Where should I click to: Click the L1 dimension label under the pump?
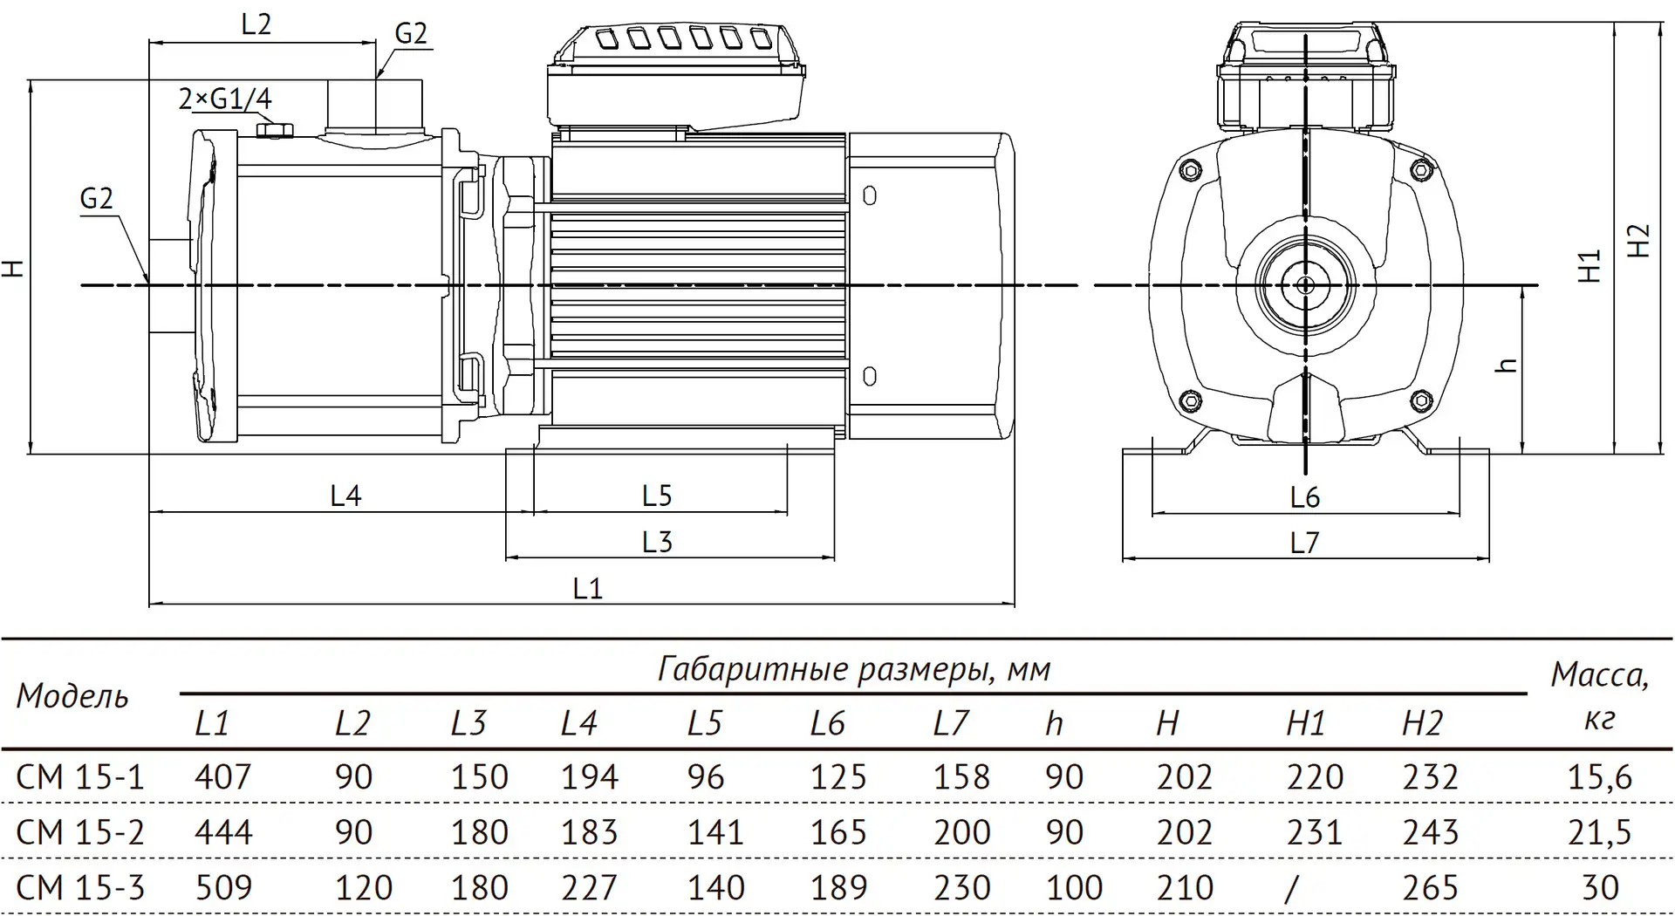(x=587, y=589)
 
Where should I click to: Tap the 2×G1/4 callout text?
(x=225, y=99)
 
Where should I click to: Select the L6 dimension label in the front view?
(x=1304, y=497)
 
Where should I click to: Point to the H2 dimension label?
(x=1640, y=241)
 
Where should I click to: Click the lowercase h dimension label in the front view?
(x=1507, y=365)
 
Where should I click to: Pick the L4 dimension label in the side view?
(x=345, y=496)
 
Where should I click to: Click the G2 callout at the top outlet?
(x=411, y=33)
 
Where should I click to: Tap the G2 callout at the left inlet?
(x=96, y=199)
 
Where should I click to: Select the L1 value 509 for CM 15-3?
(x=223, y=888)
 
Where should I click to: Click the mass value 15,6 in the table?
(x=1599, y=777)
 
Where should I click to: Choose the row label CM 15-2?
(x=80, y=832)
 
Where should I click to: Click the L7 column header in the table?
(x=951, y=723)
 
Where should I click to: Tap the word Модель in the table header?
(x=72, y=696)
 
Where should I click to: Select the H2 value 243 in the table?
(x=1430, y=832)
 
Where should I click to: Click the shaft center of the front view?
(x=1305, y=285)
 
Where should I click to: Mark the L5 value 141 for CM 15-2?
(x=715, y=832)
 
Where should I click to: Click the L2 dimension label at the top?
(x=256, y=24)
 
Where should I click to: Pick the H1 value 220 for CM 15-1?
(x=1315, y=777)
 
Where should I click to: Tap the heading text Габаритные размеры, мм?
(x=854, y=669)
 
